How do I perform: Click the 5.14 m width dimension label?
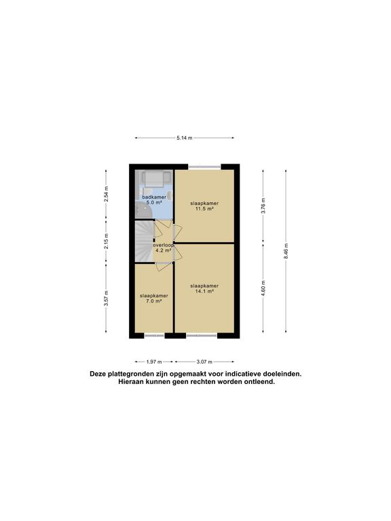pyautogui.click(x=185, y=138)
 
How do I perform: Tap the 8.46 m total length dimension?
pyautogui.click(x=286, y=251)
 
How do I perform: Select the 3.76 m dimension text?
pyautogui.click(x=263, y=206)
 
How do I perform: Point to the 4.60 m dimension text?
pyautogui.click(x=263, y=288)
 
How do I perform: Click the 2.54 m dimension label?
pyautogui.click(x=106, y=194)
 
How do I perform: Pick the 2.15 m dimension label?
pyautogui.click(x=106, y=242)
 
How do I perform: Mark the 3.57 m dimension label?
pyautogui.click(x=106, y=298)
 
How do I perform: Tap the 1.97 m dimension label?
pyautogui.click(x=154, y=362)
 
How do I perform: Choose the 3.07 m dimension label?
pyautogui.click(x=204, y=362)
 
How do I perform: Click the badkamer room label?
pyautogui.click(x=154, y=197)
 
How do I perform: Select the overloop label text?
pyautogui.click(x=163, y=245)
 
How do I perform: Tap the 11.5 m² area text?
pyautogui.click(x=204, y=209)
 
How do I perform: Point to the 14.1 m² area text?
pyautogui.click(x=204, y=291)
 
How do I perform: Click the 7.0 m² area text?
pyautogui.click(x=153, y=301)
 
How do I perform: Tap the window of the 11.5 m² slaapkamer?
pyautogui.click(x=204, y=167)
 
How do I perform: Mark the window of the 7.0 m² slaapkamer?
pyautogui.click(x=154, y=336)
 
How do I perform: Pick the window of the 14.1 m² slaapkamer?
pyautogui.click(x=202, y=336)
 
